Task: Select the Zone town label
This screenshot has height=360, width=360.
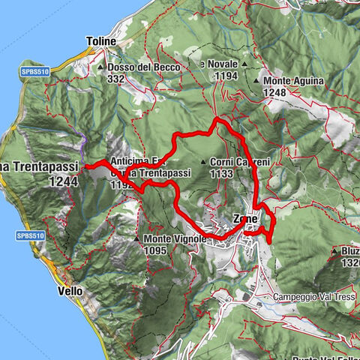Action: coord(245,218)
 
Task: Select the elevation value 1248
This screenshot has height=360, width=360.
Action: coord(275,91)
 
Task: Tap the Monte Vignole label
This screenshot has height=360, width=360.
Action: coord(171,240)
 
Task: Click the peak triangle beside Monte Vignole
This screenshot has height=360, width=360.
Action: coord(137,240)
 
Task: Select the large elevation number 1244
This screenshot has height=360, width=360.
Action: coord(61,181)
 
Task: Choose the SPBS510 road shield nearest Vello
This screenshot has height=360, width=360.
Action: coord(25,235)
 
